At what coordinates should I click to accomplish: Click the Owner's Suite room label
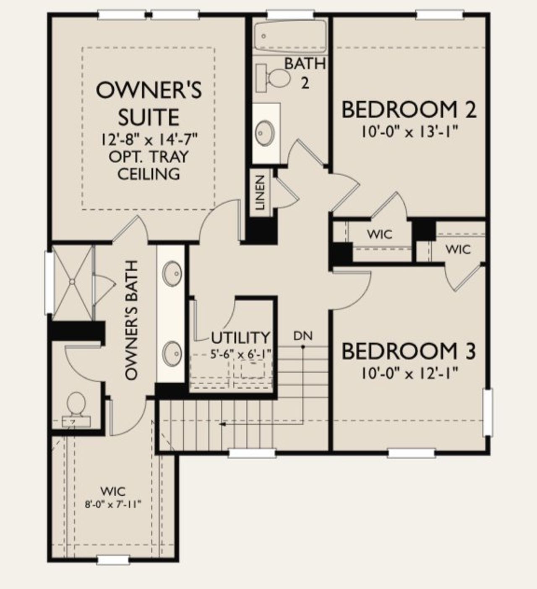click(149, 103)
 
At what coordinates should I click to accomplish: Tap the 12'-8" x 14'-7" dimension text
click(149, 139)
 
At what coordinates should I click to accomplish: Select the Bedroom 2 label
click(409, 110)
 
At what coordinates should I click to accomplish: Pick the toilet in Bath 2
click(275, 78)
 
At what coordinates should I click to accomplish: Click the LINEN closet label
click(261, 192)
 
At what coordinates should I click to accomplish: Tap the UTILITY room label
click(240, 337)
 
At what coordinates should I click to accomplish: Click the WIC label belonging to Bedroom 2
click(379, 234)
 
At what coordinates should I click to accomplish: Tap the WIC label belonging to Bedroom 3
click(458, 250)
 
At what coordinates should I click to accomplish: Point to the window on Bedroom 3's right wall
click(487, 412)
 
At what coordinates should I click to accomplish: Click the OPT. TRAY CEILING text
click(149, 165)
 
